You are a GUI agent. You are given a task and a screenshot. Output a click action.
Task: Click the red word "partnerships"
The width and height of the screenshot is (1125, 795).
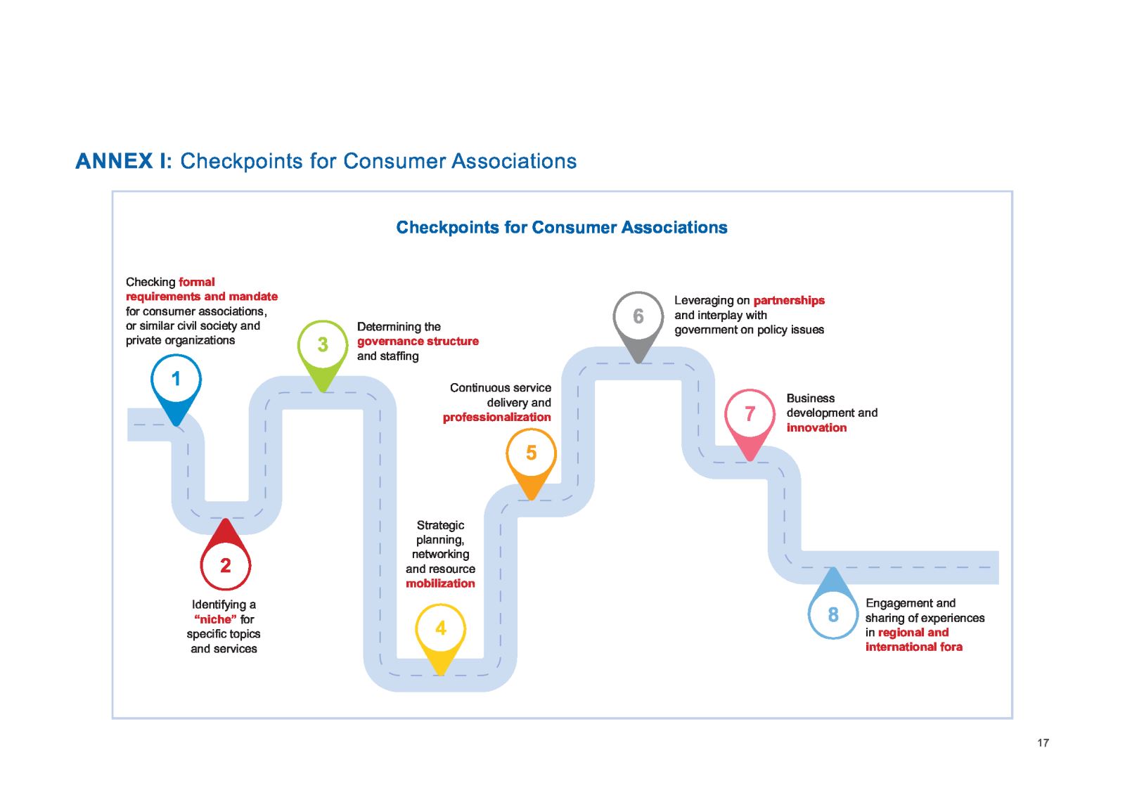[x=788, y=300]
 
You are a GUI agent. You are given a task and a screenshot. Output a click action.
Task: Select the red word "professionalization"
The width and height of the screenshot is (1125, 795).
[x=496, y=417]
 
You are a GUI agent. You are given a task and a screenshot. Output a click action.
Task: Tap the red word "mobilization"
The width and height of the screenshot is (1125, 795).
[x=440, y=583]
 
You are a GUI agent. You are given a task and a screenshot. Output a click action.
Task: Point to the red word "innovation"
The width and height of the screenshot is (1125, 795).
[x=816, y=427]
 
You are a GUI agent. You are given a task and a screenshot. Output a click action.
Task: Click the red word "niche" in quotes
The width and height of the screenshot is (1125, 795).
[x=215, y=619]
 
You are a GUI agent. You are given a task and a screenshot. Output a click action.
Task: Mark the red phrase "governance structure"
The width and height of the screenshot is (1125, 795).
[x=418, y=341]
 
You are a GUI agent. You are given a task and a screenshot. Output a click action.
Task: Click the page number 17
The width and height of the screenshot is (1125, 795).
[x=1043, y=743]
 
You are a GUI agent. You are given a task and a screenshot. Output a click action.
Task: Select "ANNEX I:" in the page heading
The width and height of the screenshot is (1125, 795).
[x=123, y=161]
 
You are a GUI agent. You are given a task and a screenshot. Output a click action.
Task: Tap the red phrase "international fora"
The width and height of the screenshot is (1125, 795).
[x=913, y=647]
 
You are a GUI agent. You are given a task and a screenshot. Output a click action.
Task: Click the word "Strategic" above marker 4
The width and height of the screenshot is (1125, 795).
[x=440, y=525]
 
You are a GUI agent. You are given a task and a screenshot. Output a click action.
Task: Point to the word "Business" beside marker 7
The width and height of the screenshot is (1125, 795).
[x=810, y=398]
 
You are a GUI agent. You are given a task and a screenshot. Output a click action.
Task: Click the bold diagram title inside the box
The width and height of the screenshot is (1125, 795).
[x=562, y=227]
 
